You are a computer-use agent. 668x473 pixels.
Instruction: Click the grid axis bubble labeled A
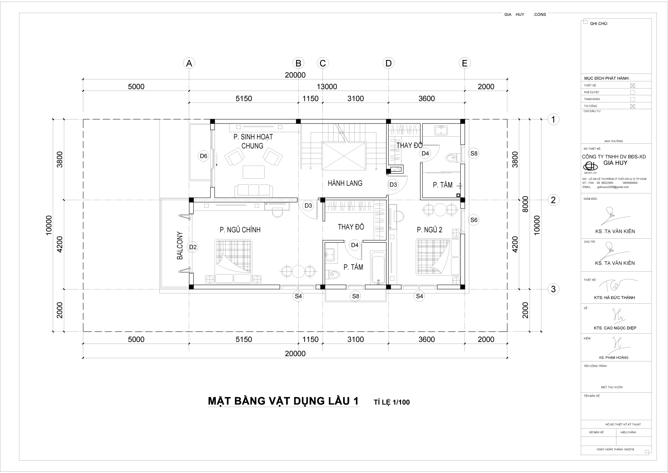(x=190, y=63)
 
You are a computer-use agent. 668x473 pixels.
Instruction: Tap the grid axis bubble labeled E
(x=465, y=63)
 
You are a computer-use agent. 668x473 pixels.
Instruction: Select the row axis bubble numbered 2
(x=553, y=200)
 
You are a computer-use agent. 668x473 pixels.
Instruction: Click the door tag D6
(x=203, y=156)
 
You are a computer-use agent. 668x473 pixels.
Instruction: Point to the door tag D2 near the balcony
(x=193, y=247)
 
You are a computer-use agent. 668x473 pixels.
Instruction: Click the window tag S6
(x=474, y=220)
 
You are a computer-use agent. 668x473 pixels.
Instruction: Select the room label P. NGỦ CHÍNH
(x=240, y=230)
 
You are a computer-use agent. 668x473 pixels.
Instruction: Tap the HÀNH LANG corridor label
(x=345, y=183)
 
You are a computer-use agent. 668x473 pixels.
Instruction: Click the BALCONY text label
(x=180, y=245)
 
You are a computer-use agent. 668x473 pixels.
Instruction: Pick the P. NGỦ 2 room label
(x=429, y=230)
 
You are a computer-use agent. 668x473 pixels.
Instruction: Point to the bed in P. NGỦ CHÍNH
(x=234, y=260)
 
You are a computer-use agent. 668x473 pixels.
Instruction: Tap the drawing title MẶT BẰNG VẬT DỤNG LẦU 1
(x=283, y=401)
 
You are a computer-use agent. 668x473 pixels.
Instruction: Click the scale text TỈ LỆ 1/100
(x=392, y=402)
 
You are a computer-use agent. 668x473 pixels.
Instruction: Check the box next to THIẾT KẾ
(x=633, y=85)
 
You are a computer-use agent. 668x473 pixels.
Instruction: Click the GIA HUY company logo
(x=590, y=166)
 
